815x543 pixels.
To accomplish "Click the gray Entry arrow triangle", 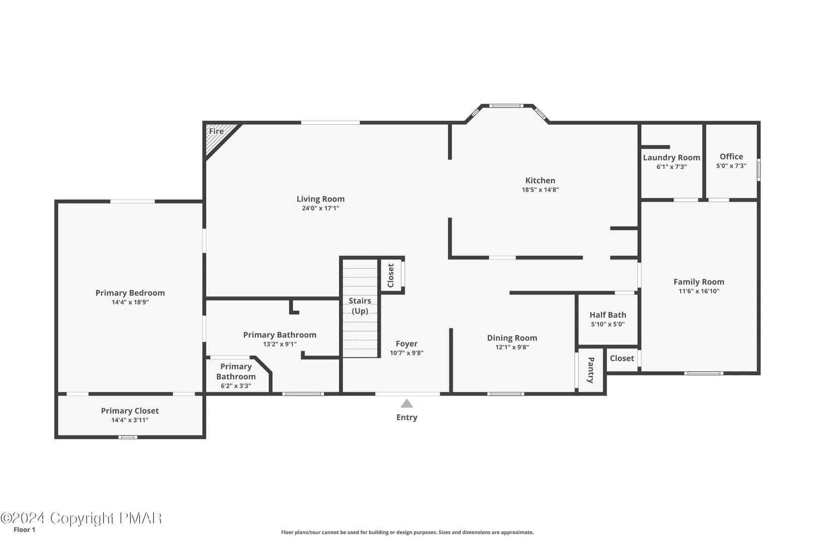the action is click(406, 403).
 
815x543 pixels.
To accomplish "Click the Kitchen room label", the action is click(540, 180).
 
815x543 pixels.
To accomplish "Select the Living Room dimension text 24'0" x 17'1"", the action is click(320, 208).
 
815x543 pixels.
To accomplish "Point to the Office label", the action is click(731, 156).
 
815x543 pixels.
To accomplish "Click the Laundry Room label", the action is click(671, 157).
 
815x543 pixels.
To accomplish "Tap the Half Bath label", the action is click(608, 315).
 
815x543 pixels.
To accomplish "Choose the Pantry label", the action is click(591, 370).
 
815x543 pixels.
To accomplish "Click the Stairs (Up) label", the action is click(360, 306).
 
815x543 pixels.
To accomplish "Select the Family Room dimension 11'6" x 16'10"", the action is click(699, 291).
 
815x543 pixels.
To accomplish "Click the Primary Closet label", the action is click(129, 411).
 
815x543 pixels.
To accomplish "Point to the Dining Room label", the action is click(512, 338).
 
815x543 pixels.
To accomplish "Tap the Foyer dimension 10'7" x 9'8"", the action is click(406, 353).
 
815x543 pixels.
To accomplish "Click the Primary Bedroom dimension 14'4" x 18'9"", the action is click(130, 302).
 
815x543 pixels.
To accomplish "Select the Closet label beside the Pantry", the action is click(622, 358).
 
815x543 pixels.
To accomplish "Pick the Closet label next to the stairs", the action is click(391, 276).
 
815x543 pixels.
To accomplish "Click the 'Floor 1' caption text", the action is click(24, 529).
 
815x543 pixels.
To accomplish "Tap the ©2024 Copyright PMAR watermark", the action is click(81, 518).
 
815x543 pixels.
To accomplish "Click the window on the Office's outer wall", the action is click(759, 169).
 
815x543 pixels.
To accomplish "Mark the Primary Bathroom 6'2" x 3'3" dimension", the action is click(236, 386).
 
